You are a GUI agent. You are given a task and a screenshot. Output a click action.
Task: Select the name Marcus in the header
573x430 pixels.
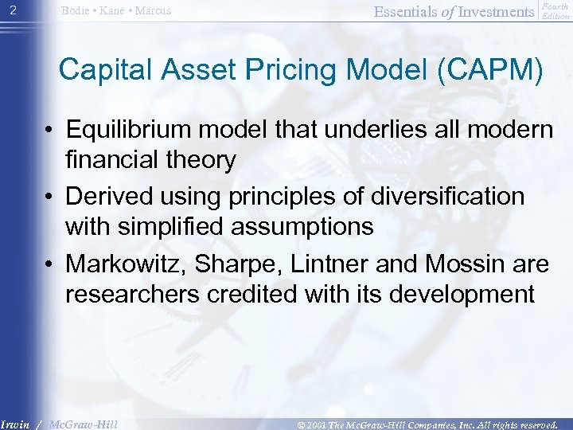152,10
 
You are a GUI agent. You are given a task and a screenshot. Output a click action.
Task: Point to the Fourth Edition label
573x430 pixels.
555,10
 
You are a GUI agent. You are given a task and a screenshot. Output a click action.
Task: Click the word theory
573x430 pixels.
196,161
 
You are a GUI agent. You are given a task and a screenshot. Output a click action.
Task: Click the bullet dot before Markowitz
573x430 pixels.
49,263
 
